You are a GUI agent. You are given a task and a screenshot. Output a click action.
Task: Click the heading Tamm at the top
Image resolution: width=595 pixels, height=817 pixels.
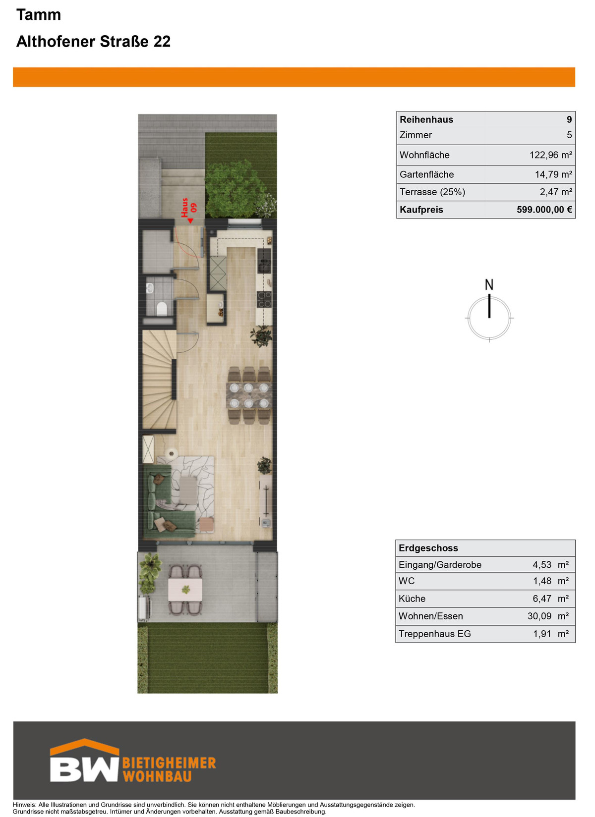[x=39, y=15]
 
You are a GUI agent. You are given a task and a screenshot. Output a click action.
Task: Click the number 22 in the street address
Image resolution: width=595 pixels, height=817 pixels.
[x=162, y=42]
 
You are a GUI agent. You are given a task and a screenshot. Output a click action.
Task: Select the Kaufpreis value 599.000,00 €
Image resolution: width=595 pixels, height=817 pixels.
[x=544, y=210]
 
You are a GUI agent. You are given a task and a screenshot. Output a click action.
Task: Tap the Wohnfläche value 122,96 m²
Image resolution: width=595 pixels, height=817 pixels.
[x=551, y=155]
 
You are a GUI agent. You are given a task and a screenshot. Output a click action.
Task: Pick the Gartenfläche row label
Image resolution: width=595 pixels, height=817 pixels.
[x=427, y=174]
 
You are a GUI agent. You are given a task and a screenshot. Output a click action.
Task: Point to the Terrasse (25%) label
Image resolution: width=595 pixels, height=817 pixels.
[x=432, y=192]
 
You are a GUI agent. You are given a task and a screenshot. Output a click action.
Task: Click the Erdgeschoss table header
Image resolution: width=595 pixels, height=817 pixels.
[x=428, y=548]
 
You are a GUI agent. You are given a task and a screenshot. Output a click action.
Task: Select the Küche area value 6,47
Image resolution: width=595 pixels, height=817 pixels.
[x=542, y=599]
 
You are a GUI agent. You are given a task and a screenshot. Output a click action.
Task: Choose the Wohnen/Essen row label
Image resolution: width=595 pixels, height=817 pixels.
[x=431, y=616]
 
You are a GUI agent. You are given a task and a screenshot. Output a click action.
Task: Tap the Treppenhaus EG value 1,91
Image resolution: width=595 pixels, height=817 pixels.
[x=542, y=634]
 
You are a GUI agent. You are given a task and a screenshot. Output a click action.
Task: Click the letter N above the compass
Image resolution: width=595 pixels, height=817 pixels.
[x=489, y=284]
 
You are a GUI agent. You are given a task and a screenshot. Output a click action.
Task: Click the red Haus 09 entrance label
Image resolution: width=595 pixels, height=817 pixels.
[x=189, y=209]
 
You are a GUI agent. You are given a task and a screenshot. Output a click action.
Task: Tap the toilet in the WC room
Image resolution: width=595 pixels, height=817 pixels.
[x=162, y=309]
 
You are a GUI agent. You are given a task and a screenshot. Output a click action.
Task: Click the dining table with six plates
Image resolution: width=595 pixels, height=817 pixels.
[x=248, y=395]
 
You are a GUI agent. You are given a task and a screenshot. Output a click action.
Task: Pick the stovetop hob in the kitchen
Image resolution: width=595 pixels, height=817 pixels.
[x=264, y=299]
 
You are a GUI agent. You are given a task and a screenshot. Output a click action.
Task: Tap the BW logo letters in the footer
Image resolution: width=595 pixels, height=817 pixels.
[x=84, y=769]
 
